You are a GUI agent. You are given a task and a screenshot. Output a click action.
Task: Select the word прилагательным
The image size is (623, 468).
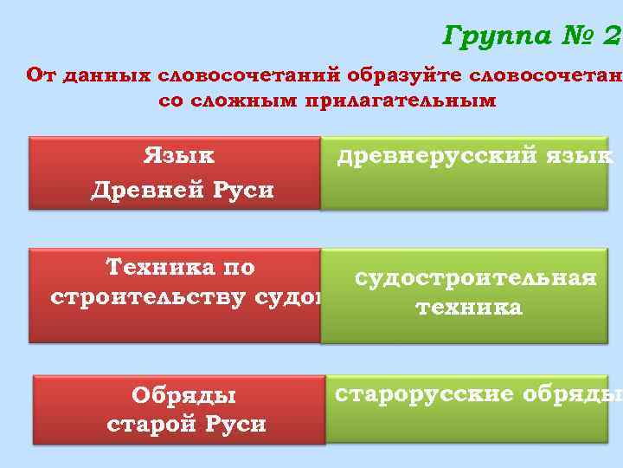399,101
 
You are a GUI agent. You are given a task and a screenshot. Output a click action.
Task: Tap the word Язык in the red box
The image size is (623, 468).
179,156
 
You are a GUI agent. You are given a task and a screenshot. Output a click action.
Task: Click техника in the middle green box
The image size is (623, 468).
468,308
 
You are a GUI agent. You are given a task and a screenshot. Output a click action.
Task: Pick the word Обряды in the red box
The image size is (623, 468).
183,395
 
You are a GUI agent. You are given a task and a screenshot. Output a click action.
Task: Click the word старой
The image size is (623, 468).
151,425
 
